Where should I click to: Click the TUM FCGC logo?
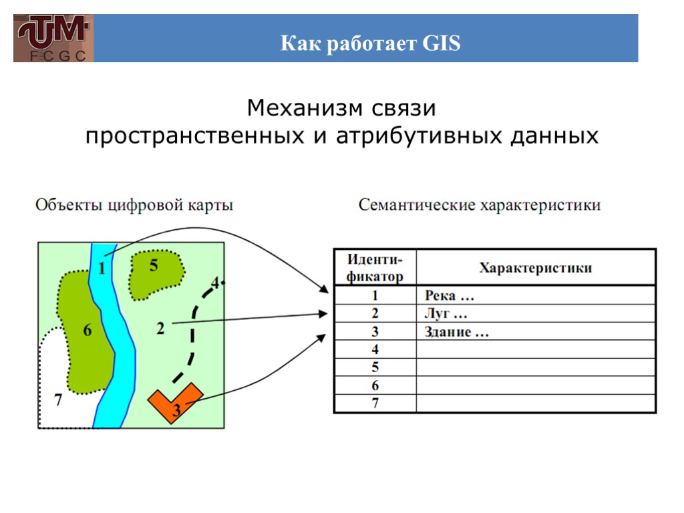point(53,39)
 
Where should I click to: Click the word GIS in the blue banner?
point(442,45)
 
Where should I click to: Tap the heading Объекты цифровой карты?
point(134,205)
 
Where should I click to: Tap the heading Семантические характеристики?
point(480,205)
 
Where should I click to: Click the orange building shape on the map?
point(173,401)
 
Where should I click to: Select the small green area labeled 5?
point(156,274)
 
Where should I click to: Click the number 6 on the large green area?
point(88,330)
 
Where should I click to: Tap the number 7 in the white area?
point(58,401)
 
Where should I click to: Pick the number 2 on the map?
point(160,329)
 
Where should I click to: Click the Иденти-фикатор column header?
point(375,268)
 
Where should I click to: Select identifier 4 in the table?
point(375,349)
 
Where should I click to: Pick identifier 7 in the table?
point(375,403)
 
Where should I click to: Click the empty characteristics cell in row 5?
point(535,367)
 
